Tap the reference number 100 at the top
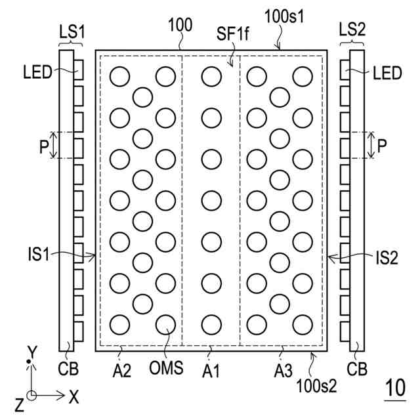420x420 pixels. [180, 26]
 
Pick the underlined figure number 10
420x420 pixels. [394, 389]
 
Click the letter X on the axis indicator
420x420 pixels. [73, 396]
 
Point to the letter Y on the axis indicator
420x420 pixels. [30, 349]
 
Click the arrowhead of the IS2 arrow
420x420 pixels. [329, 258]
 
